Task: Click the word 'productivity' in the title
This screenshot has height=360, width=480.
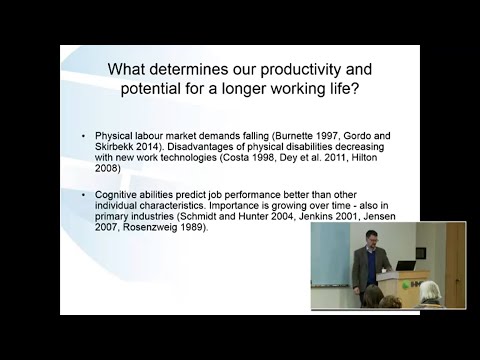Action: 295,71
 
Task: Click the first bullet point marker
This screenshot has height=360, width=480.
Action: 82,136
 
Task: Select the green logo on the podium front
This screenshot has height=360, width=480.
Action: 414,283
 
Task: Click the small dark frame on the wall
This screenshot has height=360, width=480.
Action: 422,253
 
